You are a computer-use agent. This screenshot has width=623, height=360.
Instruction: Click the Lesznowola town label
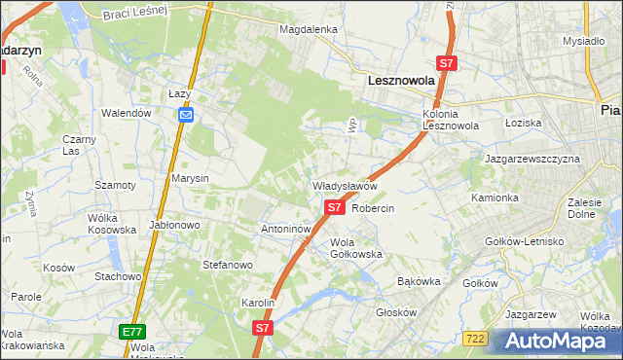(x=400, y=83)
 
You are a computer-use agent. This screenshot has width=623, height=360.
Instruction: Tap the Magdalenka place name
(x=308, y=29)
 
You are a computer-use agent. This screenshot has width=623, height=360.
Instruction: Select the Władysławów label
(x=344, y=185)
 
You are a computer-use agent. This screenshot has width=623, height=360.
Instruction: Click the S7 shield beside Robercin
(x=334, y=207)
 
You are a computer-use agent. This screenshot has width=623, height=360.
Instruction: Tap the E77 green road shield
(x=133, y=332)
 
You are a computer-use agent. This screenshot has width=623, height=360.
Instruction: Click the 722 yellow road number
(x=475, y=338)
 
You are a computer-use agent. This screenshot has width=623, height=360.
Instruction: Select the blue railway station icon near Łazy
(x=186, y=116)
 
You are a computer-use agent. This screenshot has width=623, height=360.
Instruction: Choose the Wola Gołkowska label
(x=355, y=247)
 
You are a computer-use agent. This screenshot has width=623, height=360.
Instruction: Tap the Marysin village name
(x=190, y=179)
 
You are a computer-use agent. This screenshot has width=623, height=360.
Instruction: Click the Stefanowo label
(x=227, y=264)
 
